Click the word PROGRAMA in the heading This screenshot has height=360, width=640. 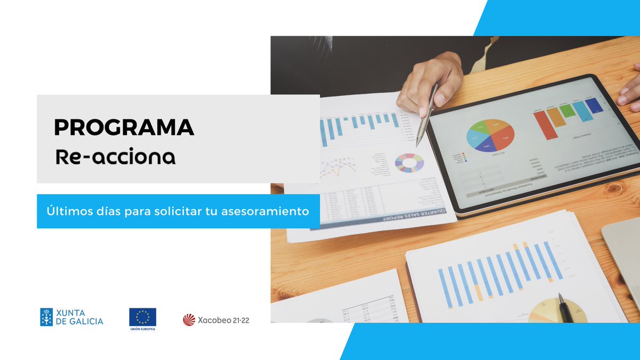click(124, 127)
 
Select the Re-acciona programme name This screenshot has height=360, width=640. click(116, 157)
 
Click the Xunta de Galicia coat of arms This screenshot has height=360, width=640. click(46, 317)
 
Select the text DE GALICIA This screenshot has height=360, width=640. click(79, 322)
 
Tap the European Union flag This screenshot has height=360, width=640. click(142, 317)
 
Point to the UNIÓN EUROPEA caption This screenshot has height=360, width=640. click(142, 329)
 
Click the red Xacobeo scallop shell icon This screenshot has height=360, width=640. click(189, 320)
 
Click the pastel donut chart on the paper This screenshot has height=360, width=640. click(409, 163)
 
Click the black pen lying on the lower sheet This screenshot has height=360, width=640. click(565, 308)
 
